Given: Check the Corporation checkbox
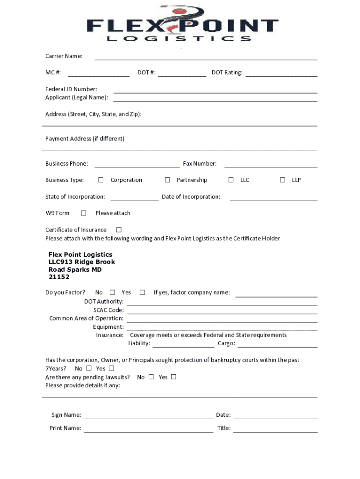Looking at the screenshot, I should point(101,180).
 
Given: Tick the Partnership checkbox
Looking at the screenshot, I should point(167,180).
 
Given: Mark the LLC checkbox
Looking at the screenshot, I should point(231,180).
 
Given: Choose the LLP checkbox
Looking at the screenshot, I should point(282,180).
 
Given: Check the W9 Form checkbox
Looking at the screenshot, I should point(84,213).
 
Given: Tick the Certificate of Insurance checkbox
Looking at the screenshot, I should point(119,230).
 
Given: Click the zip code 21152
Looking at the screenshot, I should point(59,277).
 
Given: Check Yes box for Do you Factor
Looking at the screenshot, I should point(142,292).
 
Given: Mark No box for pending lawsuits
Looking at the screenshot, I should point(151,377).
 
